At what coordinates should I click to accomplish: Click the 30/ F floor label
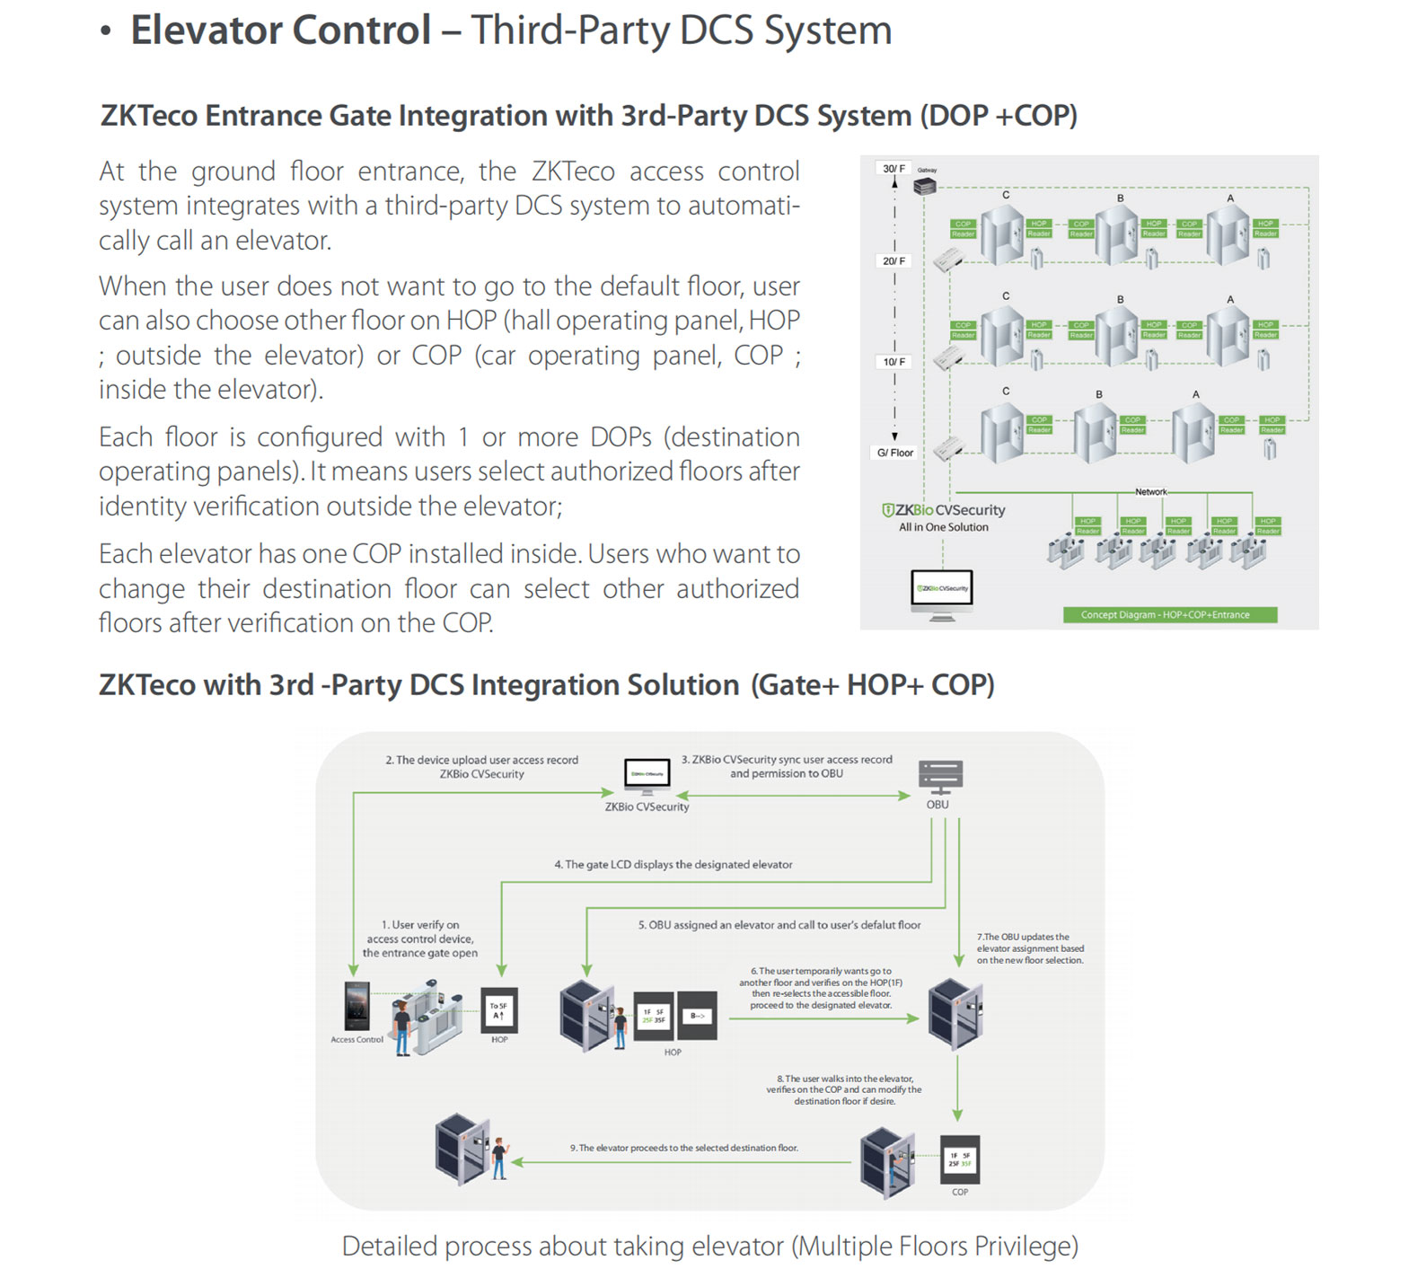(x=893, y=168)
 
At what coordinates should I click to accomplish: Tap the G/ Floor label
(x=894, y=453)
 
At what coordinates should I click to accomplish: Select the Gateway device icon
(x=924, y=186)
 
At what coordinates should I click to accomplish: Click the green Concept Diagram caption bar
(x=1169, y=615)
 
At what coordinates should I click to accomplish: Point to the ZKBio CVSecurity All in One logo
(x=943, y=517)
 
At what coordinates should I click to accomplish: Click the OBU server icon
(x=939, y=777)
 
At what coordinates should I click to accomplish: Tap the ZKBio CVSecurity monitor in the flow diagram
(x=647, y=776)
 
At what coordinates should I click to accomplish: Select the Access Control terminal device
(x=356, y=1007)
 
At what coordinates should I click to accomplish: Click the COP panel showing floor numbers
(x=959, y=1160)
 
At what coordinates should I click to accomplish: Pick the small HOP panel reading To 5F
(x=499, y=1011)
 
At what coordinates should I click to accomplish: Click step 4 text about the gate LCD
(x=673, y=865)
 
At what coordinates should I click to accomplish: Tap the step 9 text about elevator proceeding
(x=683, y=1148)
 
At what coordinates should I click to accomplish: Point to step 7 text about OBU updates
(x=1029, y=948)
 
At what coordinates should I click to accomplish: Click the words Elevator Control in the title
(x=281, y=31)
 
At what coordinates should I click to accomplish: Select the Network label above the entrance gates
(x=1150, y=492)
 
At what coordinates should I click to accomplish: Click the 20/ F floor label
(x=893, y=260)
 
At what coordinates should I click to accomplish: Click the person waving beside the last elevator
(x=499, y=1159)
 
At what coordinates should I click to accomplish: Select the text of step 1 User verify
(x=419, y=939)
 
